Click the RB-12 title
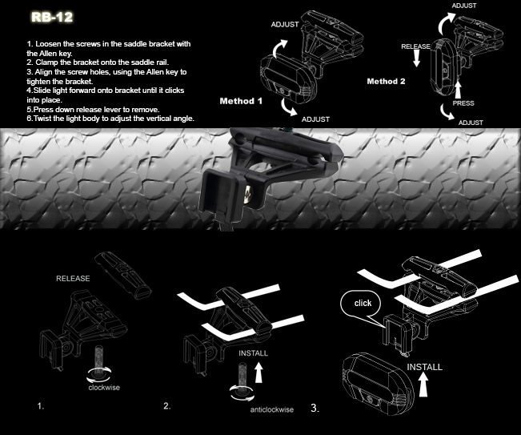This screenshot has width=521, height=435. click(x=52, y=17)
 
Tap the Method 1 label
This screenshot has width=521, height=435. click(x=241, y=101)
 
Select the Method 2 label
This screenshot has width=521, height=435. click(x=386, y=81)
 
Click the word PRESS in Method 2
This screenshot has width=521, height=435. click(x=463, y=103)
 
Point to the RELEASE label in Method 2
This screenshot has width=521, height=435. click(x=415, y=46)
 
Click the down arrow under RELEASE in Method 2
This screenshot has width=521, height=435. click(x=416, y=59)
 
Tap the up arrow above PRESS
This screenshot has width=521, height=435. click(x=458, y=89)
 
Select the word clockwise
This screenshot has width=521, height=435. click(x=104, y=388)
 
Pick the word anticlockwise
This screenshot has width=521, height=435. click(x=272, y=409)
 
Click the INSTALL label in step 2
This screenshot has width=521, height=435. click(x=253, y=353)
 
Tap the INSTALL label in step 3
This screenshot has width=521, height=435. click(x=425, y=367)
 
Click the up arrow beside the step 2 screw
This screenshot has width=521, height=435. click(x=258, y=373)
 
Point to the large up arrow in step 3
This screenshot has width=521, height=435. click(x=423, y=385)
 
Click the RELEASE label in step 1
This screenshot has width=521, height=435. click(x=73, y=278)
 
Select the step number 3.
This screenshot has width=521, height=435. click(x=315, y=408)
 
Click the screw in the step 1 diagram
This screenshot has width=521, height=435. click(x=99, y=359)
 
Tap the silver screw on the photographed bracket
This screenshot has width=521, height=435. click(x=247, y=195)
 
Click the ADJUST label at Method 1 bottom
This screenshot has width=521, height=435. click(x=315, y=119)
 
